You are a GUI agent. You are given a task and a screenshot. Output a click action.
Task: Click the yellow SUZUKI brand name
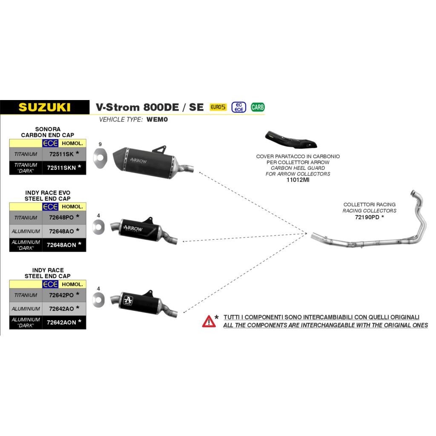click(44, 107)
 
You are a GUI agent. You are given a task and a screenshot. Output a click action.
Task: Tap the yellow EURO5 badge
click(218, 107)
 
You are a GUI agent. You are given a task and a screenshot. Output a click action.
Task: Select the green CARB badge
click(258, 107)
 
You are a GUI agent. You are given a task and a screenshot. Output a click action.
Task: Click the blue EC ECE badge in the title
click(238, 107)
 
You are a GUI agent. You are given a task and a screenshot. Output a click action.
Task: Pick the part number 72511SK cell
click(64, 154)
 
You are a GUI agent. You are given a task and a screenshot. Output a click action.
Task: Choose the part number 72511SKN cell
click(64, 168)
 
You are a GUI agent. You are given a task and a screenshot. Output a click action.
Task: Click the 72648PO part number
click(61, 218)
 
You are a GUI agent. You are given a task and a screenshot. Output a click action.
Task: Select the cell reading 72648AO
click(64, 231)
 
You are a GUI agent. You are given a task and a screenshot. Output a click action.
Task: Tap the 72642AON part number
click(61, 323)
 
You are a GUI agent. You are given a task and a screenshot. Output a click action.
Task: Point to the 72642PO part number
click(61, 295)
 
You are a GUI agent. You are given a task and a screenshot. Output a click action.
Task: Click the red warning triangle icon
click(209, 321)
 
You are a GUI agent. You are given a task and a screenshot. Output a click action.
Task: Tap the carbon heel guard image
click(291, 140)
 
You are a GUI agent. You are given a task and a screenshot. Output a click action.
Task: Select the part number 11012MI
click(298, 180)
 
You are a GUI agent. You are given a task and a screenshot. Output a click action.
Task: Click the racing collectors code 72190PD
click(367, 217)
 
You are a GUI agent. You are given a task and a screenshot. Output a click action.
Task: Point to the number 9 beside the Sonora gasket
click(100, 144)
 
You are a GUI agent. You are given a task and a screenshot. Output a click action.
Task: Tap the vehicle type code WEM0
click(157, 120)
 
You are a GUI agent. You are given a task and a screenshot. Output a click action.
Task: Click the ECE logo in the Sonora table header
click(50, 143)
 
